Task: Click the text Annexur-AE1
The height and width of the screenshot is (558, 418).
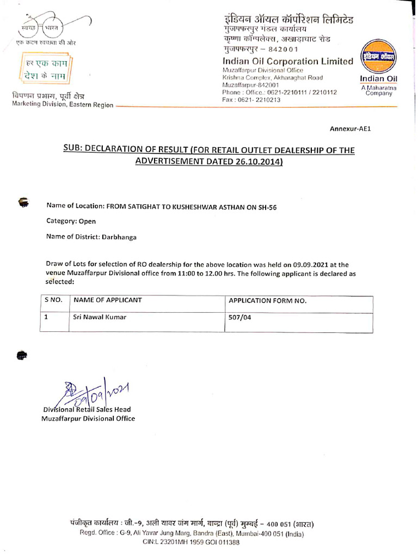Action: (x=350, y=129)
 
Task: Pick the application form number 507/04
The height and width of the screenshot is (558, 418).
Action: (x=240, y=317)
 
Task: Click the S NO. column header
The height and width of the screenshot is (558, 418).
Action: (x=53, y=300)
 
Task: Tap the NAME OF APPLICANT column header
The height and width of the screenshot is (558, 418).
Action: (x=108, y=300)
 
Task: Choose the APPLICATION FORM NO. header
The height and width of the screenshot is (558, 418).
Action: (x=267, y=301)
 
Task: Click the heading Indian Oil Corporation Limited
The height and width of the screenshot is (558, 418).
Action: (x=287, y=62)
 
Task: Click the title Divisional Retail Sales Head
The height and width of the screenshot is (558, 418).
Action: (x=87, y=409)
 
